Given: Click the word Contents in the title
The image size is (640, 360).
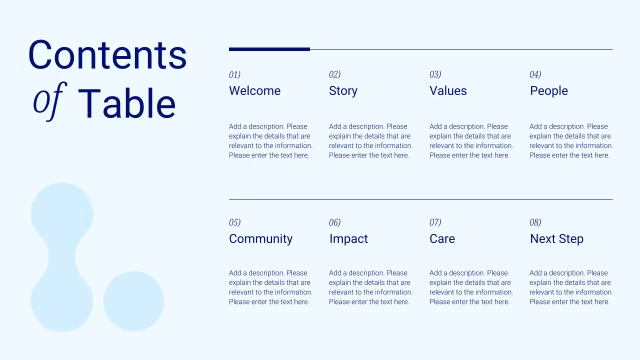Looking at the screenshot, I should coord(107,54).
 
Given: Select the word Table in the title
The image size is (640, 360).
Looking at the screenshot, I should coord(127,104).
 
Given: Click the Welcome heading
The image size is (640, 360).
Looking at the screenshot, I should coord(254,91).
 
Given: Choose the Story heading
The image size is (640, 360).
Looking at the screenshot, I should coord(343,91).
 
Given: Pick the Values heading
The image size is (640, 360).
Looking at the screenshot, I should coord(448,91).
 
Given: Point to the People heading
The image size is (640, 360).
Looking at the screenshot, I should coord(548,91).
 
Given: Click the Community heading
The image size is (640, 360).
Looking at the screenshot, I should coord(260,239).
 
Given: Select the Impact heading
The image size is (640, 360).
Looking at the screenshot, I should coord(348,239).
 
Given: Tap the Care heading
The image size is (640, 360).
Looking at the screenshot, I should coord(442,239).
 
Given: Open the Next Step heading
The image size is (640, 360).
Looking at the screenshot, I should coord(556,239).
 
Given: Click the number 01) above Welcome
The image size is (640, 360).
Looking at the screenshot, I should coord(234,75).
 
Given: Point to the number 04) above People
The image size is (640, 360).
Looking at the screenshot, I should coord(535,75).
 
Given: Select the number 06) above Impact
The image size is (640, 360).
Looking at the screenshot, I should coord(334,222).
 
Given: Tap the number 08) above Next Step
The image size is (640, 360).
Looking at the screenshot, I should coord(535,222).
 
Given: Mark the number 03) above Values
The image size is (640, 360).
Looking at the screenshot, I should coord(435,75).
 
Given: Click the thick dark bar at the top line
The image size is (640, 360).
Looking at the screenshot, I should coord(269,49).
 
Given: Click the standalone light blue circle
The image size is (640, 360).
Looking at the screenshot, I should coord(133,301).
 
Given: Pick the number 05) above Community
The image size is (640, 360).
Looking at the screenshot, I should coord(234,222).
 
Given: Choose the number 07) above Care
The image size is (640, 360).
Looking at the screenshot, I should coord(435,222).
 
